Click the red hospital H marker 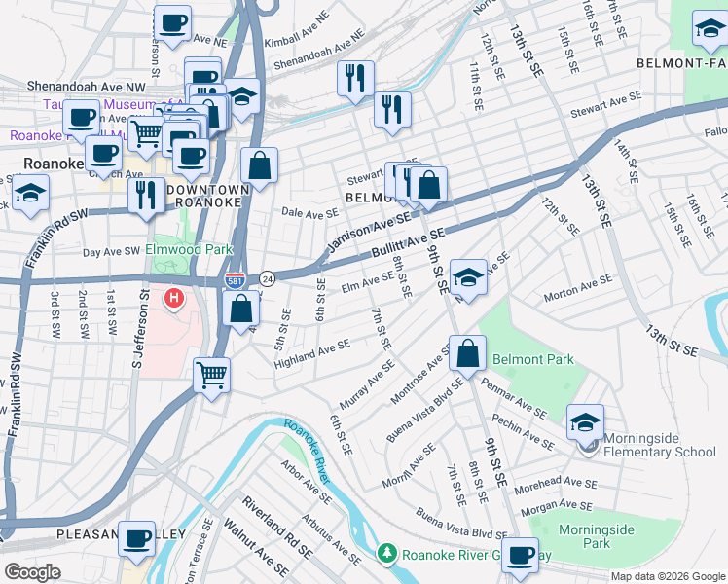pyautogui.click(x=174, y=297)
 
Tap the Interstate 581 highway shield pyautogui.click(x=235, y=280)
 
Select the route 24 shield pyautogui.click(x=267, y=279)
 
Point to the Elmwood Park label pyautogui.click(x=189, y=249)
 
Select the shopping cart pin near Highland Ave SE pyautogui.click(x=211, y=374)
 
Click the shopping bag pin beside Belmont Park pyautogui.click(x=468, y=352)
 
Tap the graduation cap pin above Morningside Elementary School pyautogui.click(x=585, y=421)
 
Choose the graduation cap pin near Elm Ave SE pyautogui.click(x=468, y=278)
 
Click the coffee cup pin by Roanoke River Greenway pyautogui.click(x=521, y=555)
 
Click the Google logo pyautogui.click(x=33, y=571)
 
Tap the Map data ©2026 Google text pyautogui.click(x=667, y=576)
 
